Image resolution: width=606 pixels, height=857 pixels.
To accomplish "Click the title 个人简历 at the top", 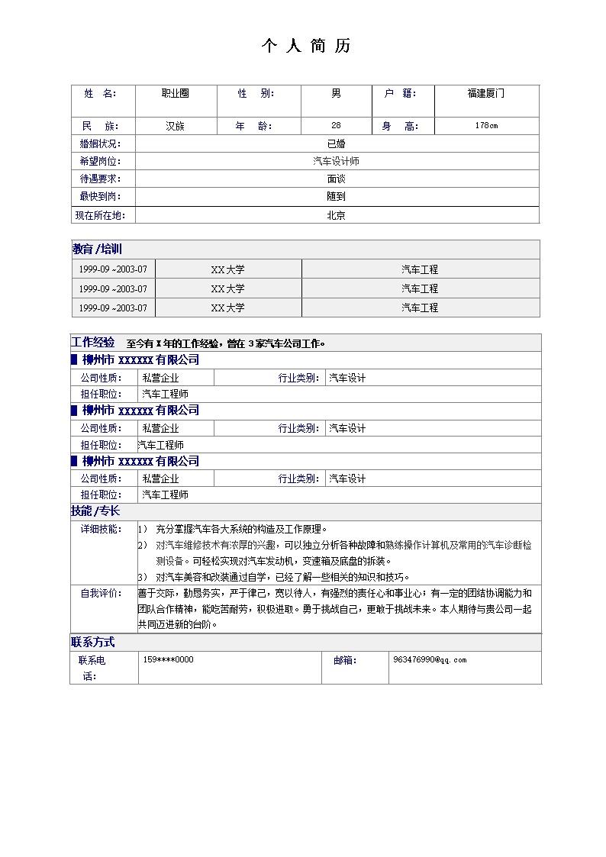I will pos(305,47).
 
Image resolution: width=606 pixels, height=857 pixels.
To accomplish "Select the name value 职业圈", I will pos(175,93).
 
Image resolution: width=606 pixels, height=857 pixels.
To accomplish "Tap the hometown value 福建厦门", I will pos(485,93).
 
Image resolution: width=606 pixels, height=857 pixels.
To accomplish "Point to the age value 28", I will pos(336,126).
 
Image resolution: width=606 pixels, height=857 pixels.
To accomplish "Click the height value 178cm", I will pos(485,126).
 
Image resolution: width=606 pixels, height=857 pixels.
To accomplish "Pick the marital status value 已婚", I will pos(336,143).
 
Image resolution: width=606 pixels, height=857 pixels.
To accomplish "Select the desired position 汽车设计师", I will pos(336,161).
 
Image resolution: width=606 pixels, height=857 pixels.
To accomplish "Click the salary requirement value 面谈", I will pos(336,179).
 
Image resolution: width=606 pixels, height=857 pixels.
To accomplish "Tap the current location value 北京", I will pos(336,215).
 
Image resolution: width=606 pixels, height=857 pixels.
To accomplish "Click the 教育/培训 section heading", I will pos(97,250).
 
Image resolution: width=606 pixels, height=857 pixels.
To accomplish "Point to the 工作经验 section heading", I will pos(93,343).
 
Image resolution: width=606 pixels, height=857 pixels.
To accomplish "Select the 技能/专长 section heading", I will pos(95,511).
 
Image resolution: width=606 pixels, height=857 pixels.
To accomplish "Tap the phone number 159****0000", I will pos(168,659).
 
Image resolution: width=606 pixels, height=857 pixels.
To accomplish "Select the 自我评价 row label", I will pos(101,593).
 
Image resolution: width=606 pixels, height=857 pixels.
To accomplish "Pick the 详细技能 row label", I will pos(101,529).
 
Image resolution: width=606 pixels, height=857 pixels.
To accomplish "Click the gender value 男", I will pos(336,93).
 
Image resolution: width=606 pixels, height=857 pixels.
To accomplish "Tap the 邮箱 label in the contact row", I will pos(344,660).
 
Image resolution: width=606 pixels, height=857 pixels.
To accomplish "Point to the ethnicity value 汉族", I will pos(175,126).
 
